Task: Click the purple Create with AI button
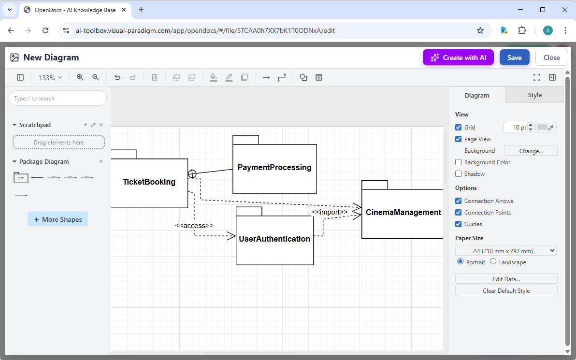[x=458, y=58]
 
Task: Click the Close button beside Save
[x=551, y=58]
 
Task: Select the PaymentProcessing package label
[x=274, y=168]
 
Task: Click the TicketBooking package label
[x=149, y=182]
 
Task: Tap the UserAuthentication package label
[x=274, y=239]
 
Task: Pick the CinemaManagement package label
[x=403, y=213]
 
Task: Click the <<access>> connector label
[x=194, y=226]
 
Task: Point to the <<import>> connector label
[x=330, y=212]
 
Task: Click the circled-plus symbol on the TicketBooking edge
[x=192, y=174]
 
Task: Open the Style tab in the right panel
[x=534, y=95]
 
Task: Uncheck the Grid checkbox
[x=459, y=128]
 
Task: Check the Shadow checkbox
[x=459, y=174]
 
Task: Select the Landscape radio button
[x=493, y=262]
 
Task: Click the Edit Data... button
[x=506, y=279]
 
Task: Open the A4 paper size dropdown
[x=505, y=251]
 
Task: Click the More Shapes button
[x=58, y=219]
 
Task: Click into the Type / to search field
[x=58, y=99]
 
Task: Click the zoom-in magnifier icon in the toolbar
[x=80, y=77]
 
